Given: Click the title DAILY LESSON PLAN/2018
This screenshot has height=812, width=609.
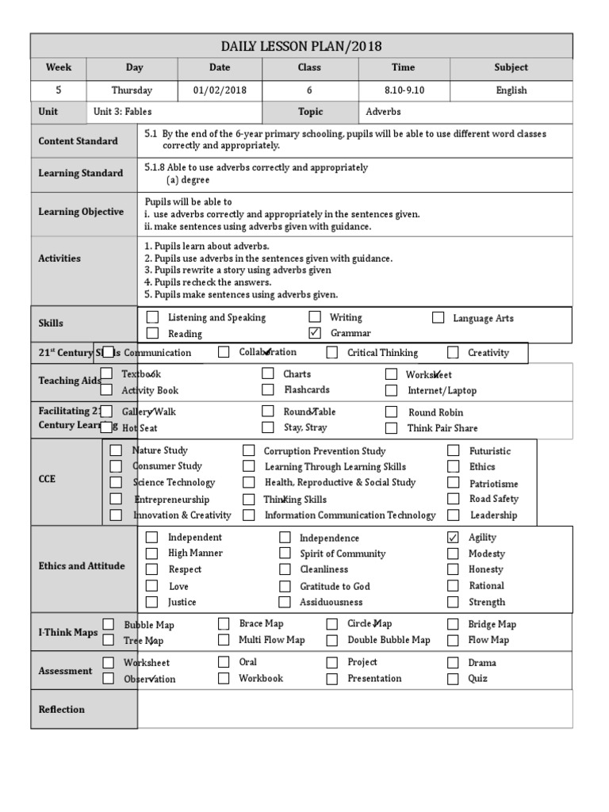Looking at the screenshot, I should point(301,47).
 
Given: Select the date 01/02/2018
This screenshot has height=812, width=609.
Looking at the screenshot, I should point(220,90).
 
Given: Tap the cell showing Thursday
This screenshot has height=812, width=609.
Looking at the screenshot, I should point(132,90).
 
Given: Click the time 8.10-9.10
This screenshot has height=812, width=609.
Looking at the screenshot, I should point(404,90).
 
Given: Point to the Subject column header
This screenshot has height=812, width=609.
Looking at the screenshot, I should point(511,68).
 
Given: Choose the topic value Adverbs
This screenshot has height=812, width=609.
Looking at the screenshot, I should point(383,112).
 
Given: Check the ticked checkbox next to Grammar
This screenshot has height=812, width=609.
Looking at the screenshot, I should point(315,333).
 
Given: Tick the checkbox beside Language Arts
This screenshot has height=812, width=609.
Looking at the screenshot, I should point(439,318).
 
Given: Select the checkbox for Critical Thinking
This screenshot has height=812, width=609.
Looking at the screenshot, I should point(332,352).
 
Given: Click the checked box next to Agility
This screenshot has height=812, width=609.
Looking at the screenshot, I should point(453,538).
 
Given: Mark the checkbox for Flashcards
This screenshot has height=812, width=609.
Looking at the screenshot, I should point(268,390).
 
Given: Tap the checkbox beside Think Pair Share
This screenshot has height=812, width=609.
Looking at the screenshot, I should point(391,428).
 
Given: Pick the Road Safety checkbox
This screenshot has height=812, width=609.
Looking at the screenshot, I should point(453,499).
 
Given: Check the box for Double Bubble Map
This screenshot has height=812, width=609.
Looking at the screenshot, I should point(332,640).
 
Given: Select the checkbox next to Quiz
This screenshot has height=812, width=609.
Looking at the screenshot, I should point(453,679).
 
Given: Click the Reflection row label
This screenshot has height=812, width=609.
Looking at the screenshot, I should point(62,710).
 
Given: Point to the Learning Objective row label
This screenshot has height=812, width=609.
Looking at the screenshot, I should point(81,212).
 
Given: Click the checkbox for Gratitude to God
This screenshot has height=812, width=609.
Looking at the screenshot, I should point(285,586).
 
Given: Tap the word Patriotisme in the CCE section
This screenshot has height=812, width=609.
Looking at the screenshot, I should point(493,483).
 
